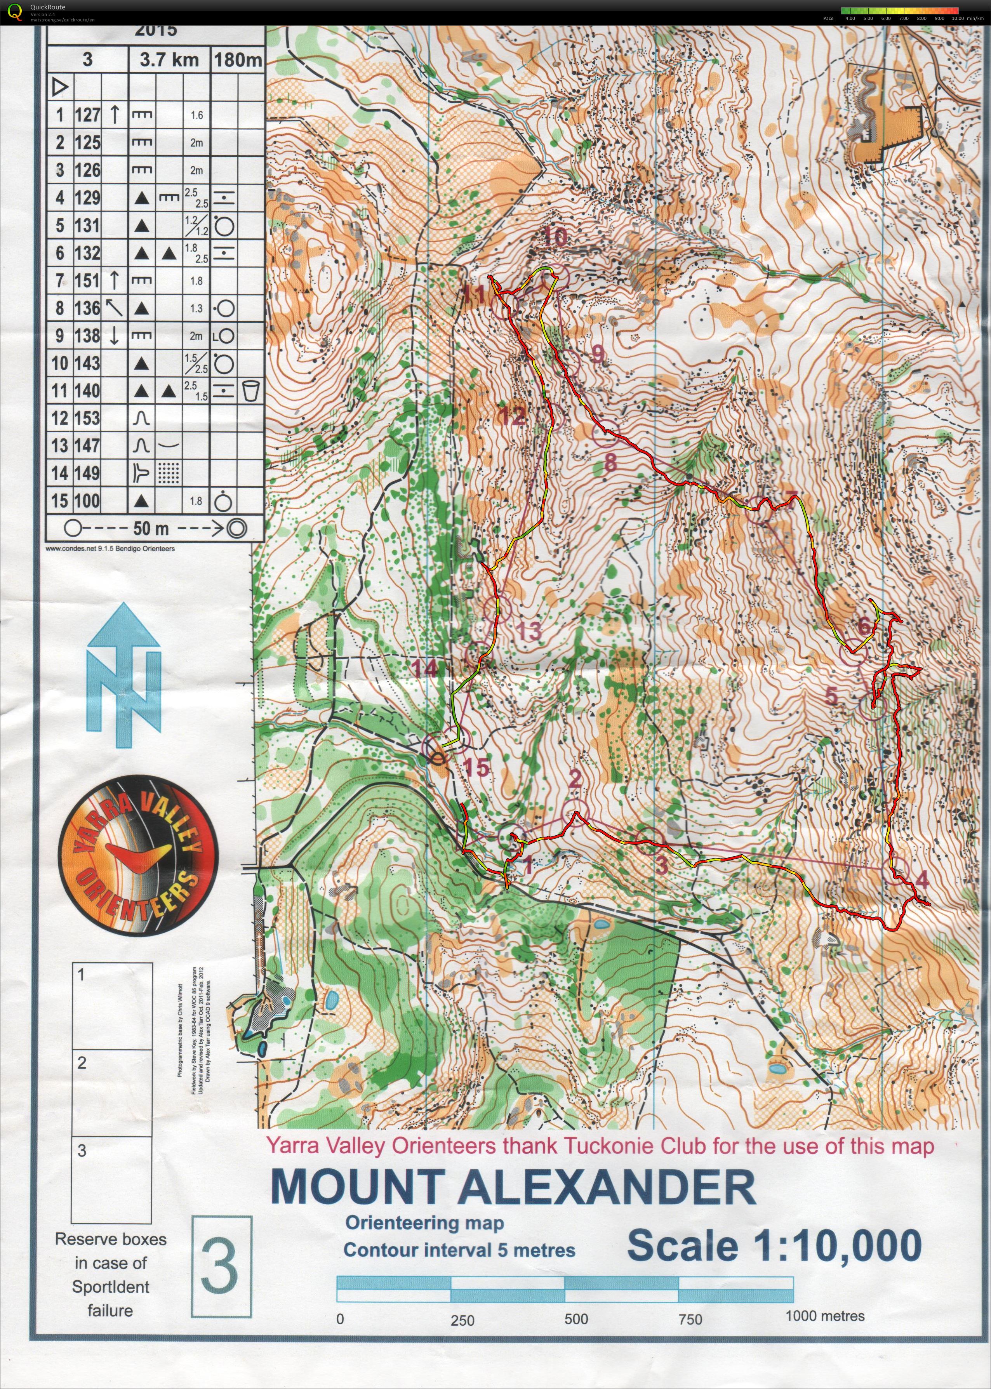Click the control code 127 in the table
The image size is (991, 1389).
pos(87,115)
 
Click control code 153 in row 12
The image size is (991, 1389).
pos(87,418)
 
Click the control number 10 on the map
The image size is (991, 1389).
pos(555,236)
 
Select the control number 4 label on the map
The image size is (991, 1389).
pos(921,880)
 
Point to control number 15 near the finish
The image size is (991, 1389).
pos(476,767)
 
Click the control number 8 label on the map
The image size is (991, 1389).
pos(610,462)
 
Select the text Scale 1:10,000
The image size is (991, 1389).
pos(774,1245)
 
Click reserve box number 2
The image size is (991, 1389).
pos(112,1092)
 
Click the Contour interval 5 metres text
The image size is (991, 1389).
pos(459,1250)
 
